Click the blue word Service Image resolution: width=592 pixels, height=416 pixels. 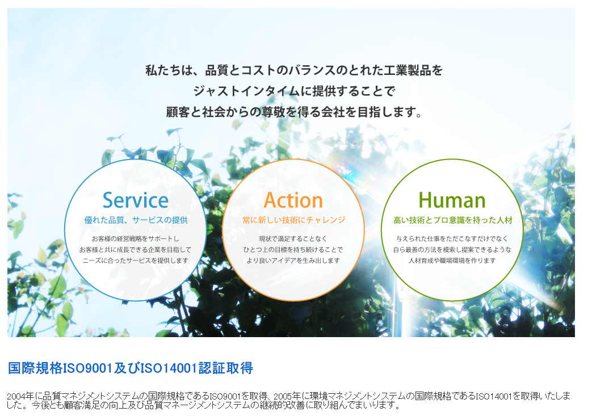tap(136, 200)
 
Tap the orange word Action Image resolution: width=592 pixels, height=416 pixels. tap(293, 200)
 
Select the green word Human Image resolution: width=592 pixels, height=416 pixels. tap(452, 200)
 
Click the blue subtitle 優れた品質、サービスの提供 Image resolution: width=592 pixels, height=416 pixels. tap(136, 220)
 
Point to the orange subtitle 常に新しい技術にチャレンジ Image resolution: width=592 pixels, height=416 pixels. tap(293, 220)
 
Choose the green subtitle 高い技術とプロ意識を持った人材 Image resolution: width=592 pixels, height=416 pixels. tap(452, 220)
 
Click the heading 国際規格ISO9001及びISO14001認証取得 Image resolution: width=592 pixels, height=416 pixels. tap(131, 368)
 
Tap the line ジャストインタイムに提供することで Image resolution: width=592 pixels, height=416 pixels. tap(293, 91)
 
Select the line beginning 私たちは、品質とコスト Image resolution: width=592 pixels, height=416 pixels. tap(293, 71)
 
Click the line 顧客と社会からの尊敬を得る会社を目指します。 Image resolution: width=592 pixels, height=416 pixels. tap(295, 112)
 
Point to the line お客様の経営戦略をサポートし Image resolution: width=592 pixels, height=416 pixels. tap(135, 239)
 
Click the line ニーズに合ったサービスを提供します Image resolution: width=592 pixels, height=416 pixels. tap(135, 260)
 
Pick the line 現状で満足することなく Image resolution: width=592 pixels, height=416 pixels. tap(293, 239)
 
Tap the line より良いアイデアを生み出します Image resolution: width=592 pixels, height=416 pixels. tap(293, 260)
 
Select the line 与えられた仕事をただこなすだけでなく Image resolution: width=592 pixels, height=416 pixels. tap(452, 239)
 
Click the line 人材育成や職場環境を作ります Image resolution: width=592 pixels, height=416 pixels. tap(452, 260)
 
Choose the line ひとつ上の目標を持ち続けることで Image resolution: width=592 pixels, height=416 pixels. tap(293, 250)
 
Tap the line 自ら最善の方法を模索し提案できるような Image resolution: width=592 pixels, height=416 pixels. tap(452, 250)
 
